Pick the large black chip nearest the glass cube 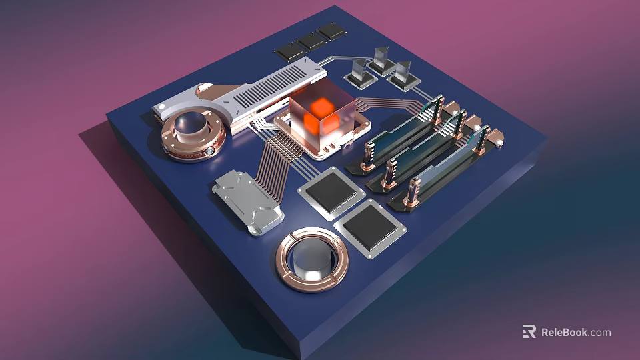[x=331, y=192]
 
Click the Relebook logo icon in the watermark [x=529, y=331]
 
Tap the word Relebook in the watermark [x=564, y=332]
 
